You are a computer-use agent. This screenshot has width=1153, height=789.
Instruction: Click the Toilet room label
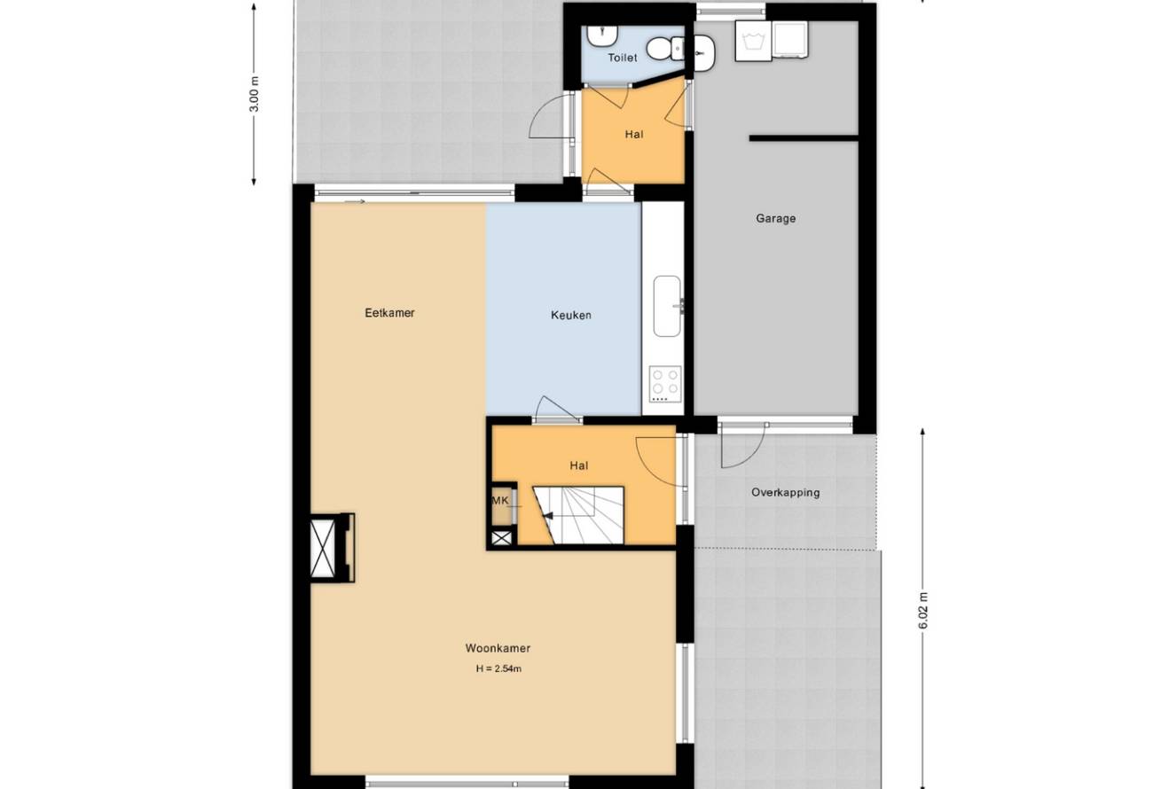623,58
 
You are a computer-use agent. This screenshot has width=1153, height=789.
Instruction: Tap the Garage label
776,219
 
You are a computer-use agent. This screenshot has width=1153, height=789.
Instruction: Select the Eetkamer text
389,313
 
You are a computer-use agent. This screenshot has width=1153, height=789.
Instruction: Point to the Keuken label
571,316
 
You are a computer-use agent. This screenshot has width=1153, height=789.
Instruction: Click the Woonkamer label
498,648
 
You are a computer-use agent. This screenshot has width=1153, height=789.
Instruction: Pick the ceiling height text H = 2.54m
498,668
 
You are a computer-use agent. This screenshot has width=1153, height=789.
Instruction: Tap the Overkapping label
786,493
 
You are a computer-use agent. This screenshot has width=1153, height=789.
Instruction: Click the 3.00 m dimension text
255,94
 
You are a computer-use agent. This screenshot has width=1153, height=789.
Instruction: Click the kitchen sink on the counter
668,306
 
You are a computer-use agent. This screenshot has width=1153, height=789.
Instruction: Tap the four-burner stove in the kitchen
665,384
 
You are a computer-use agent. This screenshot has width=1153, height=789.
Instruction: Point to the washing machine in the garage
753,41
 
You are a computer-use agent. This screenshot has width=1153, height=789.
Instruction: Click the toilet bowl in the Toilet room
664,49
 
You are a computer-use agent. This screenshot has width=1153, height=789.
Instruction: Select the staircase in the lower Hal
578,515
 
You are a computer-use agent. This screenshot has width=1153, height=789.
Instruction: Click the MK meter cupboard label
500,501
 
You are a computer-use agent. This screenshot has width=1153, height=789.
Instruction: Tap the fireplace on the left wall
333,547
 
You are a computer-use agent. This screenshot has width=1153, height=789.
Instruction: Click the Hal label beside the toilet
634,135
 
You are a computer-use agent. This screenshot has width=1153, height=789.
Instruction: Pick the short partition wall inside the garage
804,137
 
